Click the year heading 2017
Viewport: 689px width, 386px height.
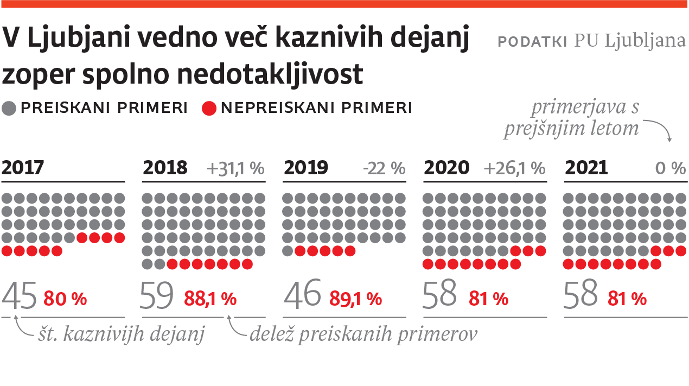(23, 168)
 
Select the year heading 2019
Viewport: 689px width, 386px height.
(305, 168)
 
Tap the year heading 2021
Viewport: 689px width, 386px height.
(586, 168)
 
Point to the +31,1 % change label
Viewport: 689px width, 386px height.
(235, 168)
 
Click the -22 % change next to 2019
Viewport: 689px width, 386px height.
(384, 168)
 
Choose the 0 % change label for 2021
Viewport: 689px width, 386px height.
(671, 168)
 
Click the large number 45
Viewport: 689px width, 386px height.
(20, 295)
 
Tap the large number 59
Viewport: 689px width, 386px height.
(157, 295)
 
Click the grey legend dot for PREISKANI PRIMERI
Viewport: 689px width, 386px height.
(9, 108)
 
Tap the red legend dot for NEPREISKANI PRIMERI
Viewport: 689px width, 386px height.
(209, 108)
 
